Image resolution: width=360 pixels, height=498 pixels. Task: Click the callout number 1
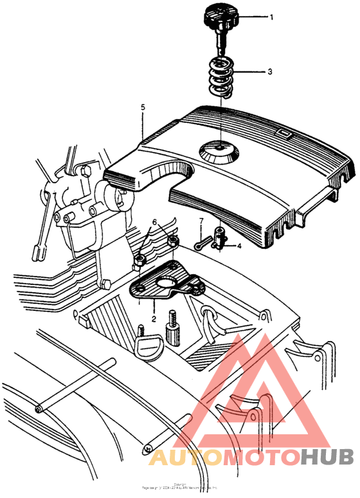[x=271, y=17]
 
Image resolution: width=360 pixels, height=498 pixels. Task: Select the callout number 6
[x=154, y=222]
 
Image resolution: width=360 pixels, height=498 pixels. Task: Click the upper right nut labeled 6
[x=172, y=242]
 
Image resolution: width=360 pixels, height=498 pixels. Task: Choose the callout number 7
[x=201, y=223]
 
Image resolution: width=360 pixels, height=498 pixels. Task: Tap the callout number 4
[x=240, y=245]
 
